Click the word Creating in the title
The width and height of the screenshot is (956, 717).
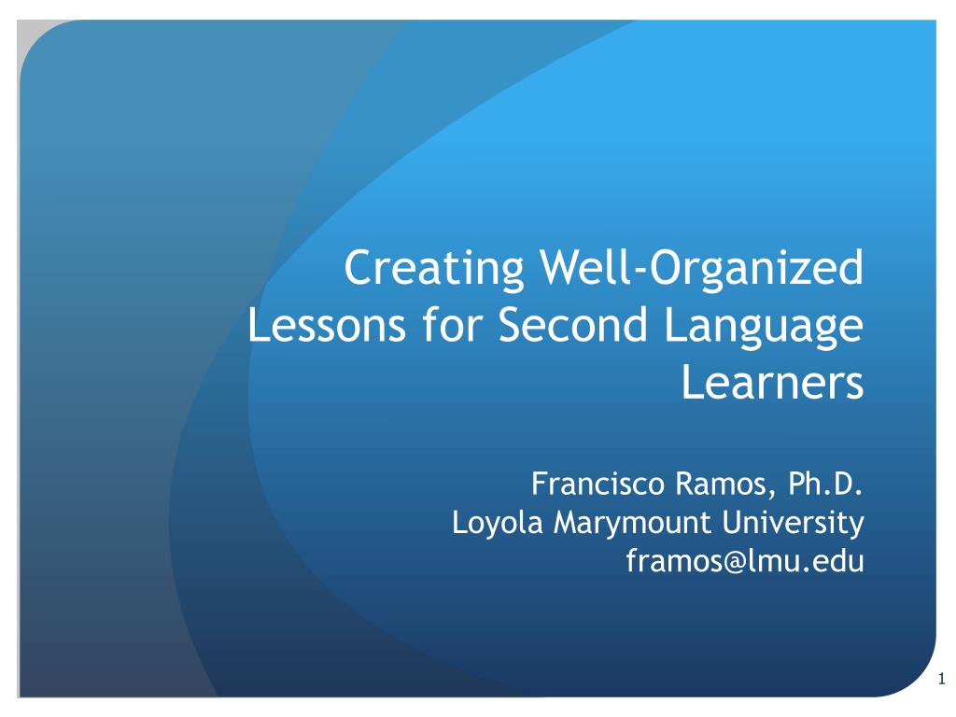click(434, 268)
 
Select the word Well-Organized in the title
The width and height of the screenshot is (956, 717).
click(702, 268)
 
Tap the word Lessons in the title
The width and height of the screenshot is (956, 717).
click(327, 324)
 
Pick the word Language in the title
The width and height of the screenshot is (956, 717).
click(764, 328)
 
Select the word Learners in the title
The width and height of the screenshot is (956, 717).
click(772, 382)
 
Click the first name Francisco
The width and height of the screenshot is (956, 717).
click(598, 484)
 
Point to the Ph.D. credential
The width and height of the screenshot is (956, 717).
click(825, 484)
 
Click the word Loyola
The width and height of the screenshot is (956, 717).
click(497, 523)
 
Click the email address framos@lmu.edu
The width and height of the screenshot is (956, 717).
click(745, 560)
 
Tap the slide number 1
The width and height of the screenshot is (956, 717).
click(942, 678)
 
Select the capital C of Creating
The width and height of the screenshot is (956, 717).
click(359, 268)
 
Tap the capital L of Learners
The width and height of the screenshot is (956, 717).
click(693, 382)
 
